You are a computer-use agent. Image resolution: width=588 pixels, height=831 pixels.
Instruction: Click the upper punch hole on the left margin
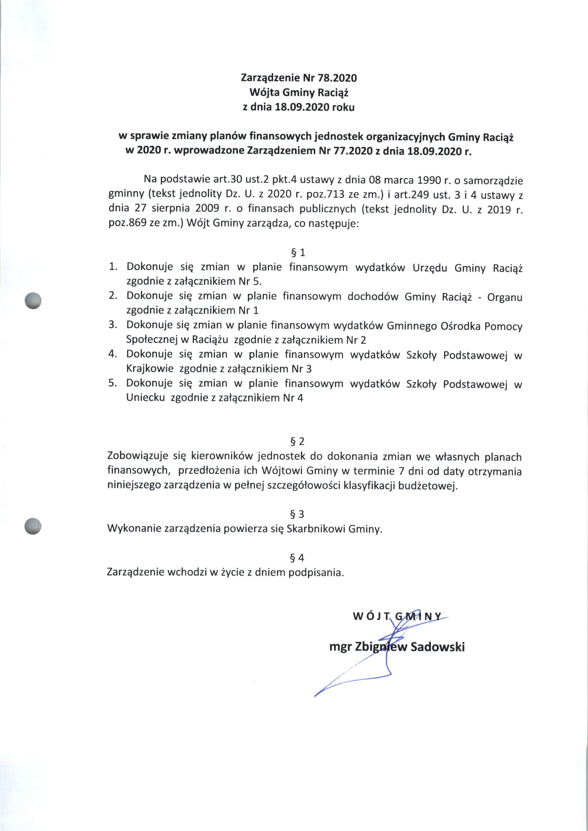33,300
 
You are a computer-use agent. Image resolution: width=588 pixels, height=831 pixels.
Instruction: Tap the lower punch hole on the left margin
33,526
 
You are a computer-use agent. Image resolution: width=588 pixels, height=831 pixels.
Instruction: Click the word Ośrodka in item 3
460,326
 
